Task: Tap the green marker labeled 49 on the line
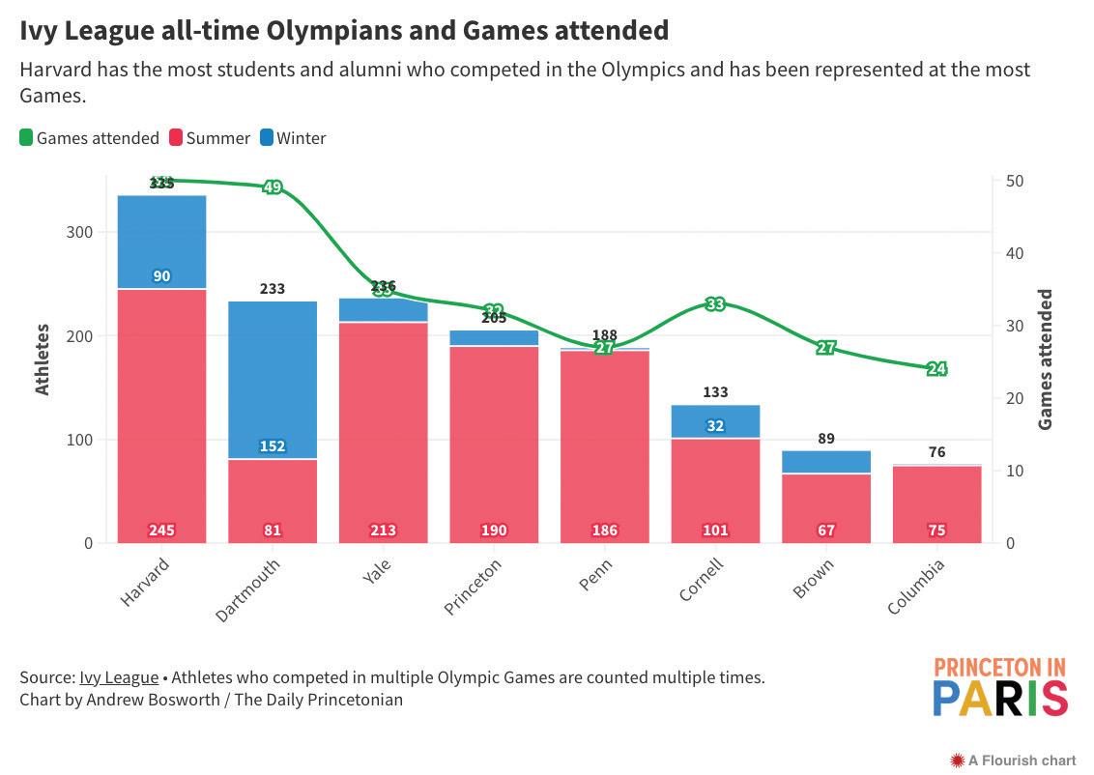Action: (273, 187)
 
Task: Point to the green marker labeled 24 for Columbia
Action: (936, 368)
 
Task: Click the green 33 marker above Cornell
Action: (715, 304)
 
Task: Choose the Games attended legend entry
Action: (89, 138)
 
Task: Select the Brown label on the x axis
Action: (813, 578)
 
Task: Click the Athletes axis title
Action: (43, 359)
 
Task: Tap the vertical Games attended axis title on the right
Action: (1046, 359)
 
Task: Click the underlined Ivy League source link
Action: (119, 677)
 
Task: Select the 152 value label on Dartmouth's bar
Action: (273, 446)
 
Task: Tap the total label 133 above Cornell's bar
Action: (715, 392)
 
